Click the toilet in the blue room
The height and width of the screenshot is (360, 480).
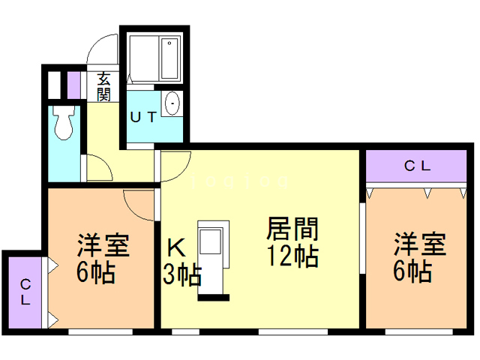tap(63, 121)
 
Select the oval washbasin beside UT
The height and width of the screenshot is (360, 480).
tap(172, 103)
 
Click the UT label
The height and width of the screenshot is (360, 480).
tap(143, 116)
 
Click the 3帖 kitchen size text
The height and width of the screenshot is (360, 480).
tap(182, 275)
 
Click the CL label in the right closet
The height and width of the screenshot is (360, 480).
tap(417, 166)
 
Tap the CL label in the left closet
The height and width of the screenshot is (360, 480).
tap(25, 292)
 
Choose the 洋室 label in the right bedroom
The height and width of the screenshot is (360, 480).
tap(420, 245)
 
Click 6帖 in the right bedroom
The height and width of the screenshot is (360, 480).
tap(412, 271)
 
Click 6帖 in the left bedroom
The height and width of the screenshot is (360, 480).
tap(95, 272)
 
